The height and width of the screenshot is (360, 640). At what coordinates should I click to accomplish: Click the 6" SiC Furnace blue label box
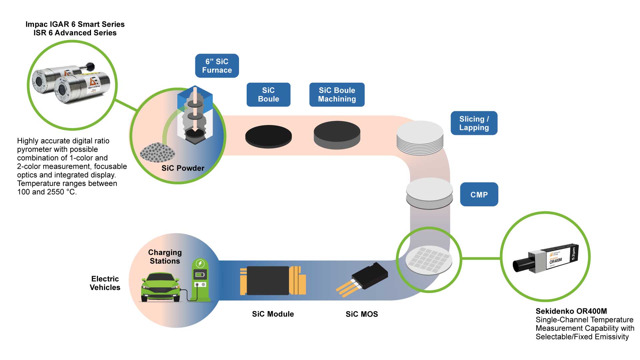[x=217, y=66]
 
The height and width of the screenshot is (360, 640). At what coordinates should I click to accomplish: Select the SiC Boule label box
[x=268, y=95]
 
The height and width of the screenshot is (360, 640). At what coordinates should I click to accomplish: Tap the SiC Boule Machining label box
[x=337, y=95]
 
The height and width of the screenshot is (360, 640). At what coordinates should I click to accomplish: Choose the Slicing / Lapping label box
[x=474, y=123]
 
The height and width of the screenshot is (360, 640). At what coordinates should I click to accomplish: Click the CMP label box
[x=479, y=194]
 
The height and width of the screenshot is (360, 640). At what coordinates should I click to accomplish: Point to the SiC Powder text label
[x=183, y=168]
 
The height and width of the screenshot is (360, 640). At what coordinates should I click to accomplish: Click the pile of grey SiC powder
[x=157, y=153]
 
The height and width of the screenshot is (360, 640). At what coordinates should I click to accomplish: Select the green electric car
[x=161, y=287]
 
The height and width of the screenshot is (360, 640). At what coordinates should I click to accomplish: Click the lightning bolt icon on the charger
[x=200, y=264]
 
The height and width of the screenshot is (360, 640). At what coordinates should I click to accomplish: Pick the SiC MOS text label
[x=362, y=314]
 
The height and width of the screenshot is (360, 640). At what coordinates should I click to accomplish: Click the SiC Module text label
[x=273, y=314]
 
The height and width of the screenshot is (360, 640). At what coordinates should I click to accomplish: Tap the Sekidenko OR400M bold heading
[x=571, y=311]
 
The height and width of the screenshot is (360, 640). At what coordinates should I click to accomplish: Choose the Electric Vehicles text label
[x=105, y=283]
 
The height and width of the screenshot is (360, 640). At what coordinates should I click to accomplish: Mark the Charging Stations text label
[x=165, y=257]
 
